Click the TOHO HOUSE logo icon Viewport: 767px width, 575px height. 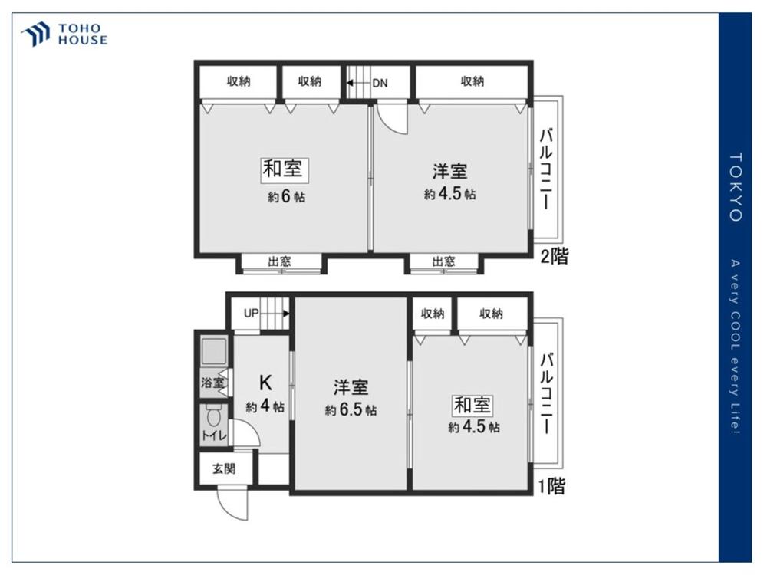tap(36, 34)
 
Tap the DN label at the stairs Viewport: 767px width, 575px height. tap(380, 83)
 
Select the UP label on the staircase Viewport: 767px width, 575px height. tap(251, 313)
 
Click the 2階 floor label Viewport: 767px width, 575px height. tap(555, 256)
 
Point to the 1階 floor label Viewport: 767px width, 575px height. tap(551, 486)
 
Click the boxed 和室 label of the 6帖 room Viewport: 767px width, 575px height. tap(283, 169)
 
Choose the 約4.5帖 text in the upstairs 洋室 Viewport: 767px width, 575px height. tap(449, 194)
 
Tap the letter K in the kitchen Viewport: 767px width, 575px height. tap(265, 383)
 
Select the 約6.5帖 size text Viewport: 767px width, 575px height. tap(351, 409)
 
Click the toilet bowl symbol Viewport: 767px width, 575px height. tap(213, 416)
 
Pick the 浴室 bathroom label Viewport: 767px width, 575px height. tap(212, 383)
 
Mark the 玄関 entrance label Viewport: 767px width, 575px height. tap(224, 468)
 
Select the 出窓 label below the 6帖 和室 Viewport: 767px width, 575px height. tap(279, 261)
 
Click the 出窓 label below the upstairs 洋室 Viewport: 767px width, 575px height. tap(443, 261)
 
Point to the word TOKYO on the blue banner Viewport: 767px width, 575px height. tap(736, 187)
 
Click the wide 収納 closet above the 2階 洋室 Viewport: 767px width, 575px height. tap(472, 81)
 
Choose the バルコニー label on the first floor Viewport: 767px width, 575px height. tap(546, 394)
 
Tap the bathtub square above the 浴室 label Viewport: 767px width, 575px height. tap(214, 352)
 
